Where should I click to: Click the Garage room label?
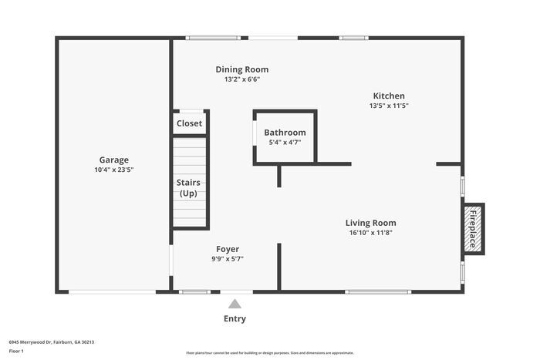click(x=113, y=160)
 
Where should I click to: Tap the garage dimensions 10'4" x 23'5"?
click(x=113, y=170)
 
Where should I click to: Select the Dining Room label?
click(x=241, y=69)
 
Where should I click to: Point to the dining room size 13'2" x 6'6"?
click(x=241, y=79)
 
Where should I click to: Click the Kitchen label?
click(x=389, y=96)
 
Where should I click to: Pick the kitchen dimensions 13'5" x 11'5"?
click(x=389, y=106)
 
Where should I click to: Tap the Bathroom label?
click(x=285, y=133)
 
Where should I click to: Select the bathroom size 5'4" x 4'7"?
click(x=285, y=142)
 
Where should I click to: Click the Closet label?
click(x=189, y=123)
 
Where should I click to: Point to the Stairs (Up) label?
click(x=189, y=187)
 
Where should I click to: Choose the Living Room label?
click(x=370, y=223)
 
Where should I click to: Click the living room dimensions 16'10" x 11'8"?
click(x=370, y=233)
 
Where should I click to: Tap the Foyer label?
click(x=227, y=249)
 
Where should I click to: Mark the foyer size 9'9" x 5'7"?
click(x=227, y=259)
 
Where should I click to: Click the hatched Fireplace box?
click(x=473, y=229)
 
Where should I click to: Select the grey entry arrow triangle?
click(x=235, y=304)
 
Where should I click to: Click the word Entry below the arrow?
click(x=235, y=318)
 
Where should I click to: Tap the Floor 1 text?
click(x=16, y=351)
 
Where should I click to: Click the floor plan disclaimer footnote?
click(x=269, y=352)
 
